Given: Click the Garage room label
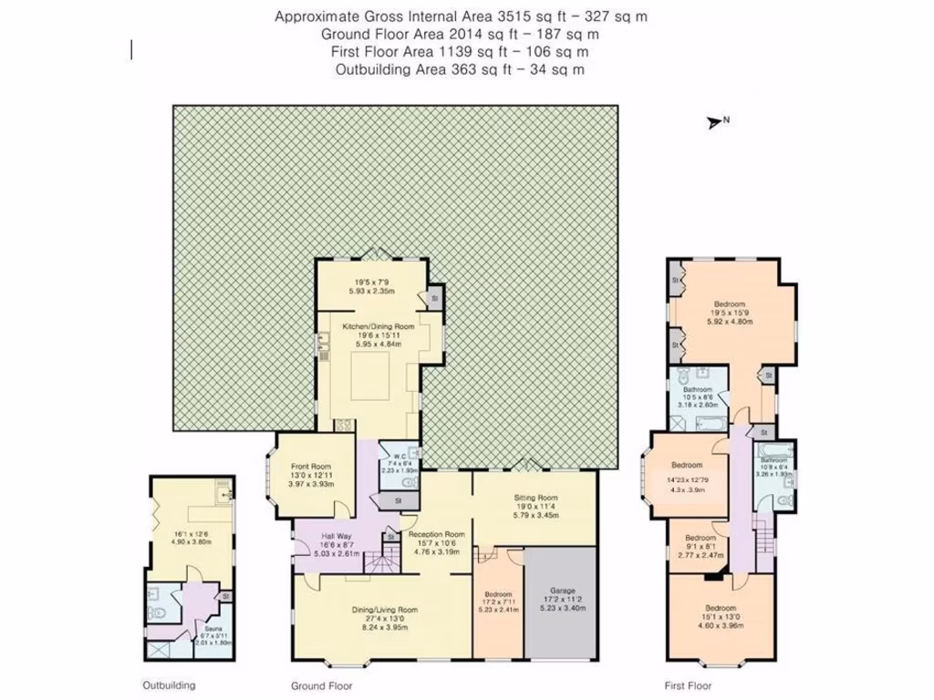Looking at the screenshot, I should pyautogui.click(x=561, y=590).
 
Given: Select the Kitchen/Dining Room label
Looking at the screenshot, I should pyautogui.click(x=378, y=326).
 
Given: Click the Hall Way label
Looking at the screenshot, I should pyautogui.click(x=337, y=537).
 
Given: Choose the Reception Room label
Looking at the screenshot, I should pyautogui.click(x=436, y=534).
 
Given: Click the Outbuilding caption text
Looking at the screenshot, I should pyautogui.click(x=169, y=685).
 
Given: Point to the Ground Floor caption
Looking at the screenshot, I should pyautogui.click(x=321, y=685).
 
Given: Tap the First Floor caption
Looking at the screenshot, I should pyautogui.click(x=689, y=685).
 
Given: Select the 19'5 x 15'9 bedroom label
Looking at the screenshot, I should pyautogui.click(x=730, y=304).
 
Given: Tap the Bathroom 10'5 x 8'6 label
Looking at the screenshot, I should pyautogui.click(x=697, y=388).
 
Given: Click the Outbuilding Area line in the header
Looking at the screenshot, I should pyautogui.click(x=460, y=69).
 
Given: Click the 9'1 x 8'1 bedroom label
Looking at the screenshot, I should pyautogui.click(x=700, y=538).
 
